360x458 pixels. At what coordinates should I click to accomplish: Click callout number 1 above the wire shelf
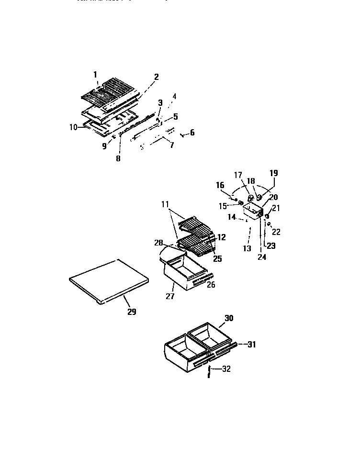95,74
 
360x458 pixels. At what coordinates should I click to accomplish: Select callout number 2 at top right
156,77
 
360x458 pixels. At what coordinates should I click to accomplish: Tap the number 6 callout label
192,133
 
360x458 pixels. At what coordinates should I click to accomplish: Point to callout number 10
73,127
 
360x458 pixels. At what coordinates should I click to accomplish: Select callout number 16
220,185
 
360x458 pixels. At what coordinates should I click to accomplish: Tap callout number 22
276,232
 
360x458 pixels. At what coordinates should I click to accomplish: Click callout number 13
247,248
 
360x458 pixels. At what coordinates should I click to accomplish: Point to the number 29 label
132,312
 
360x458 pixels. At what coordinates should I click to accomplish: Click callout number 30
229,318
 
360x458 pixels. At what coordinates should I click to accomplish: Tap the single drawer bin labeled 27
184,274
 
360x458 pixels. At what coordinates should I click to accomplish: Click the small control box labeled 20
253,211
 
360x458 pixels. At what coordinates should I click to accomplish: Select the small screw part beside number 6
182,135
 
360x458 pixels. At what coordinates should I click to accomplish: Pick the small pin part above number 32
210,369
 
